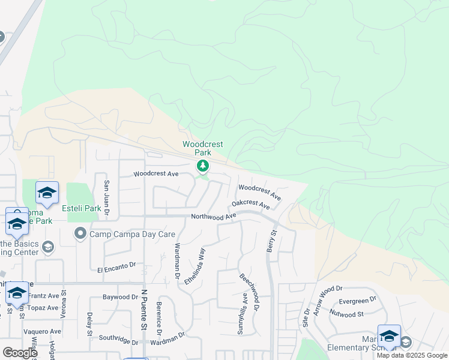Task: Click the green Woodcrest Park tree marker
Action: pyautogui.click(x=203, y=166)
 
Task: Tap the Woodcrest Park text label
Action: pyautogui.click(x=203, y=148)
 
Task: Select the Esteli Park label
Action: pyautogui.click(x=81, y=208)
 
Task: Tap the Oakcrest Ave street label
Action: pyautogui.click(x=250, y=205)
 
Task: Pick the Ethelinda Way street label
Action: pyautogui.click(x=196, y=266)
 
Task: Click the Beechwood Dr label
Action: pyautogui.click(x=249, y=293)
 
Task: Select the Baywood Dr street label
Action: pyautogui.click(x=120, y=297)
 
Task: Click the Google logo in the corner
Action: pyautogui.click(x=20, y=352)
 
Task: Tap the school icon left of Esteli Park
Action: pyautogui.click(x=47, y=193)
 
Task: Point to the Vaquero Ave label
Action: pyautogui.click(x=42, y=331)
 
